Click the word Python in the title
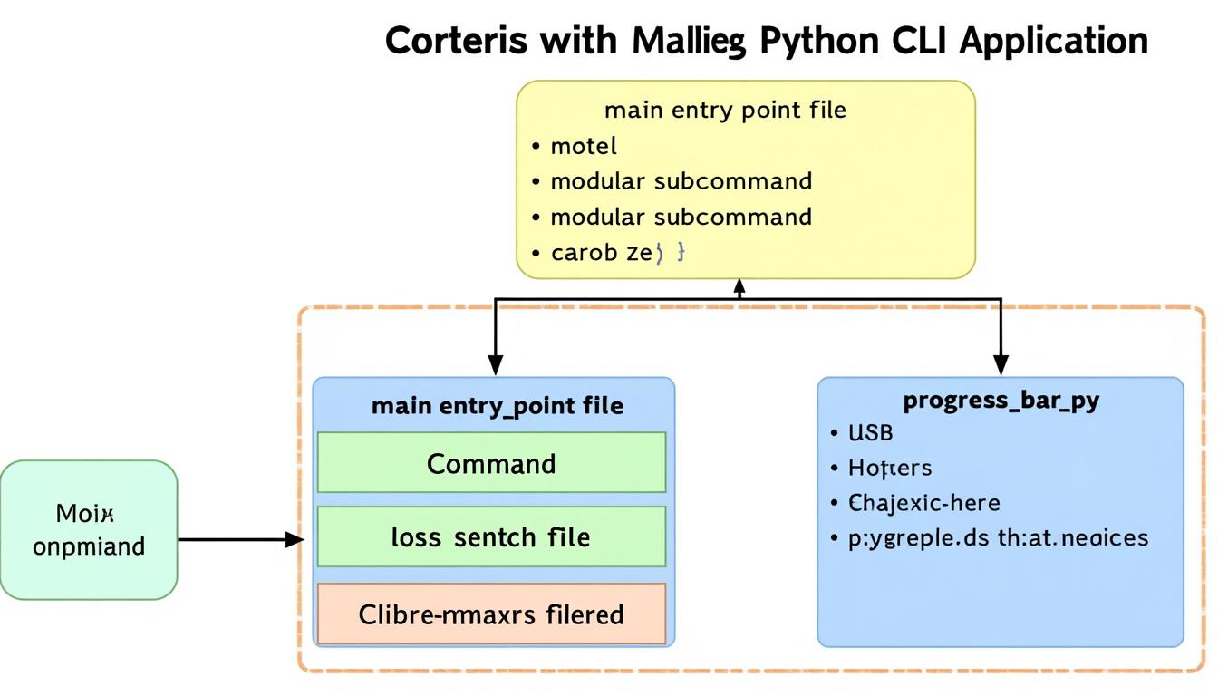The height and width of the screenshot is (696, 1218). [820, 41]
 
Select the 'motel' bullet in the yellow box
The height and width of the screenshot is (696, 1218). [583, 146]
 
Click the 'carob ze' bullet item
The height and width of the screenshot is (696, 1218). [602, 253]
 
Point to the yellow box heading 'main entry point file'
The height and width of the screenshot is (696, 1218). [725, 111]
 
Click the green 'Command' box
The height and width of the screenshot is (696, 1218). [491, 463]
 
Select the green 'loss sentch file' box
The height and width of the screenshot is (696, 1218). [491, 537]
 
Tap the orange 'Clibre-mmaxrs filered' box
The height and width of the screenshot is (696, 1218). [491, 614]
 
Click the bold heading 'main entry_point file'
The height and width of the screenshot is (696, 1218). [497, 405]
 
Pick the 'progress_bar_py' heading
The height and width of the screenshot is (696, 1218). [1000, 400]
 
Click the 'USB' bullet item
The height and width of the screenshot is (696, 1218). [870, 433]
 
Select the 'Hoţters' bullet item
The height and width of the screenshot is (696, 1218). [889, 468]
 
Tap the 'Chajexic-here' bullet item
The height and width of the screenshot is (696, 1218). [923, 503]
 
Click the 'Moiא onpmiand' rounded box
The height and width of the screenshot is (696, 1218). [89, 530]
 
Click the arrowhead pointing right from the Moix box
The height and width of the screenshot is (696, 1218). [294, 540]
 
